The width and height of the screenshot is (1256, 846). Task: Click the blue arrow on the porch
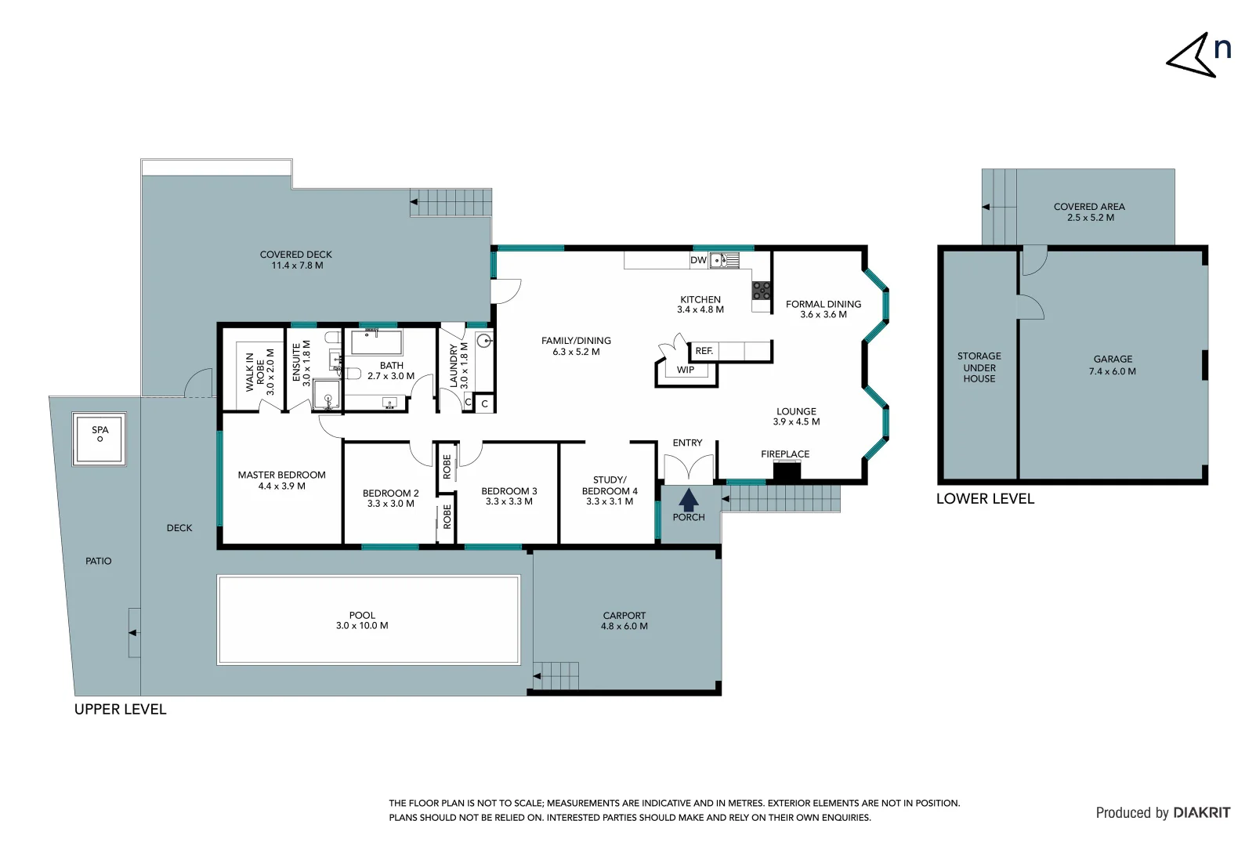tap(688, 500)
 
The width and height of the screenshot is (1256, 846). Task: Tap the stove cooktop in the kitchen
tap(762, 291)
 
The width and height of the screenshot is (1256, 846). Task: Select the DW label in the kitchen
tap(698, 260)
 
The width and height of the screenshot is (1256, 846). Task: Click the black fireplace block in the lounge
tap(787, 472)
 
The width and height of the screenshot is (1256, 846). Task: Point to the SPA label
tap(100, 430)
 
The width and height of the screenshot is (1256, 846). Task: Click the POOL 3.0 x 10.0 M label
tap(362, 620)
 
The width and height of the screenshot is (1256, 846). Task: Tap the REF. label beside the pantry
tap(704, 351)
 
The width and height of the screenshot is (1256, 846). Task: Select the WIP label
tap(686, 370)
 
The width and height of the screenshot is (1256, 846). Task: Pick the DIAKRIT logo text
tap(1201, 813)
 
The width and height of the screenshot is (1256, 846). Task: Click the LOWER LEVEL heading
tap(985, 499)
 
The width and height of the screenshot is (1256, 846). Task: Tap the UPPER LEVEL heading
tap(120, 710)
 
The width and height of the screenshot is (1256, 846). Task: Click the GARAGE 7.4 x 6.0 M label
tap(1112, 365)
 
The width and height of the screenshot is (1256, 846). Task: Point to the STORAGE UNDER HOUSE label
tap(979, 367)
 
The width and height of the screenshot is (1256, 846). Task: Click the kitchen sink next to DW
tap(724, 260)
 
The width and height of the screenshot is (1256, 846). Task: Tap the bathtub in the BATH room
tap(376, 343)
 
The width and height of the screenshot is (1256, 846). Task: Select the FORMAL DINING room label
tap(823, 309)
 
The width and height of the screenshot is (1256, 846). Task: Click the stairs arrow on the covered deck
tap(414, 202)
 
